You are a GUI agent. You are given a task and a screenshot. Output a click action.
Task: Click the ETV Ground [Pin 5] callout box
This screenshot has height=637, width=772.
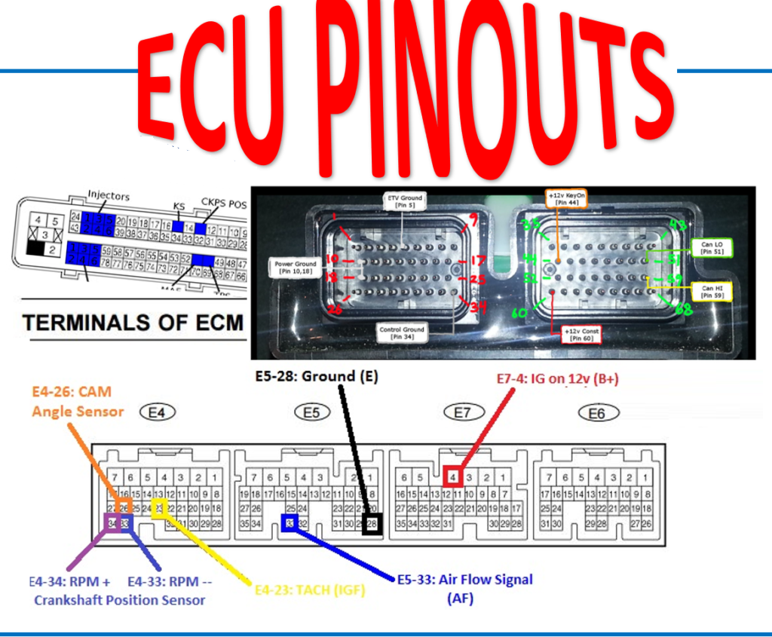tap(404, 201)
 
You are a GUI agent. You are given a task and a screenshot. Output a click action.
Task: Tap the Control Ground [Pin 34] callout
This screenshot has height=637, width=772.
tap(403, 333)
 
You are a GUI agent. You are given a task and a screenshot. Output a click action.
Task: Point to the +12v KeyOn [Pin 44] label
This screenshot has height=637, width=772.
tap(565, 198)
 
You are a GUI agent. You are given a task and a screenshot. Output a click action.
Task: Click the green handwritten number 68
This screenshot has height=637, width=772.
tap(685, 310)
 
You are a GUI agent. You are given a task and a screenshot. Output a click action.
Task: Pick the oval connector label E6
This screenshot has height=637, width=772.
tap(597, 412)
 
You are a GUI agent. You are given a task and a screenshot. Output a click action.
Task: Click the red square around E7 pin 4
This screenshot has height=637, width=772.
tap(452, 476)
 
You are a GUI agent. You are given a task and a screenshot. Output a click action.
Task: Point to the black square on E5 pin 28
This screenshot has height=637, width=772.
tap(372, 524)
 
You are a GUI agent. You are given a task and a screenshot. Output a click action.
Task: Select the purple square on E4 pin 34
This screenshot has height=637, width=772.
tap(112, 523)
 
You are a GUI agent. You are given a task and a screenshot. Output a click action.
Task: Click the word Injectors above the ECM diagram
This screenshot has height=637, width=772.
tap(108, 196)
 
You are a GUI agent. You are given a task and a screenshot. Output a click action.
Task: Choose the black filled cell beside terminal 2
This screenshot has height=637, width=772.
tap(35, 250)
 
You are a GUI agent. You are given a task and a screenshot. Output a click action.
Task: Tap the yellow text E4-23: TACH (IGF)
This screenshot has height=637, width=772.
tap(316, 591)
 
